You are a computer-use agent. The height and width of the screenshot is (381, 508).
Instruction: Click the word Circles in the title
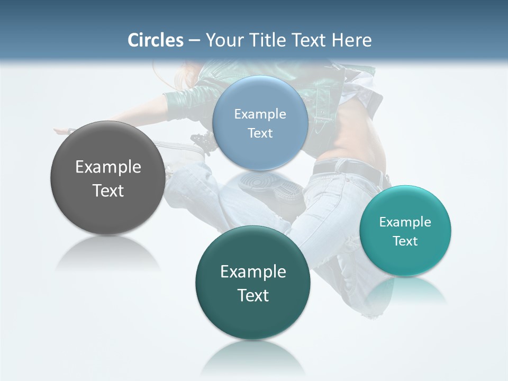(x=156, y=40)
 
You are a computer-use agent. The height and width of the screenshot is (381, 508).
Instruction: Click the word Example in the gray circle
(x=108, y=167)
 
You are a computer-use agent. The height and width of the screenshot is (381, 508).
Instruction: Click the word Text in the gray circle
(x=108, y=190)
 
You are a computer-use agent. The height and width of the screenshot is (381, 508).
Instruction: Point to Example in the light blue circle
(x=260, y=114)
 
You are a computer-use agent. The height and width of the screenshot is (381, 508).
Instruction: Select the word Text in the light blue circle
(x=260, y=133)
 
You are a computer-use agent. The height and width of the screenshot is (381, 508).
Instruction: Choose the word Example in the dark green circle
(x=253, y=271)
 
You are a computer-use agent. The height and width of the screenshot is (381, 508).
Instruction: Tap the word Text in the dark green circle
(x=253, y=295)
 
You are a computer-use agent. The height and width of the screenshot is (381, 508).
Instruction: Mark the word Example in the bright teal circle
(x=405, y=222)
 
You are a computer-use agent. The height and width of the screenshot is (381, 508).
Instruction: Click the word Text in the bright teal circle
(x=405, y=241)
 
